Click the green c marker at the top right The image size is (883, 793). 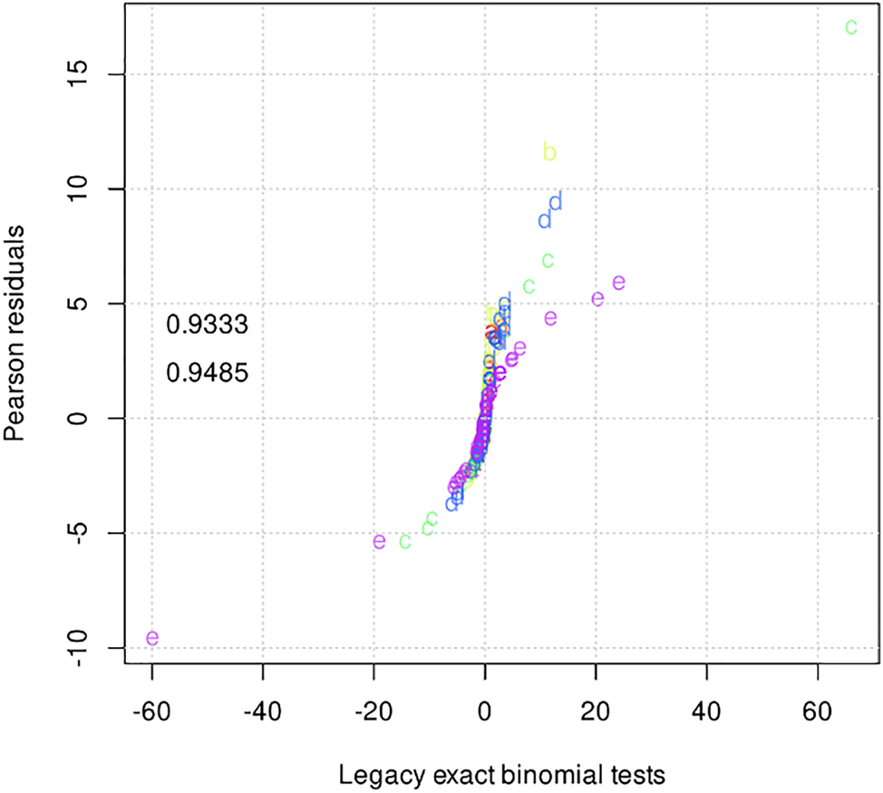click(x=851, y=27)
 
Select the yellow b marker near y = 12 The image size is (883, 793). click(x=549, y=152)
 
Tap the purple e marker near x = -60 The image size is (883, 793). click(x=152, y=638)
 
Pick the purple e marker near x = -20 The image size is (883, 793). click(x=379, y=542)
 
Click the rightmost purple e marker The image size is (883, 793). click(x=619, y=283)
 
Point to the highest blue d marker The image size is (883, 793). click(x=556, y=201)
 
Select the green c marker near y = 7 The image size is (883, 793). click(x=548, y=261)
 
